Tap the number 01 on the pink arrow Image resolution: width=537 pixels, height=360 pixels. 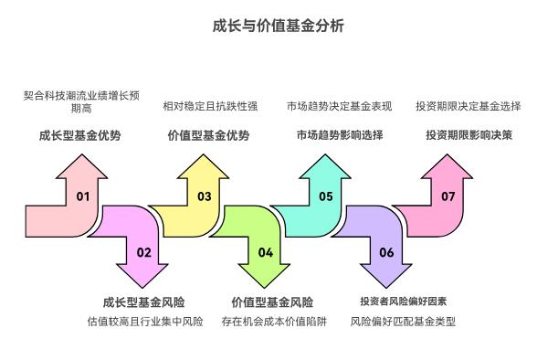pos(83,196)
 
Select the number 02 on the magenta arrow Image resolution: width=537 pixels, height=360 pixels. pos(143,252)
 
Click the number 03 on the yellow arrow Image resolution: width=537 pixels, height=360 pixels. pos(205,196)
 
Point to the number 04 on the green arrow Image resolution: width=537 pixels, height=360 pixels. pos(265,252)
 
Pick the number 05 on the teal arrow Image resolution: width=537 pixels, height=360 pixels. pos(326,196)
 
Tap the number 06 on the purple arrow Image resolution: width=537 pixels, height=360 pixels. pos(386,252)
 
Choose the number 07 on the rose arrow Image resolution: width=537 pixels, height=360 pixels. pos(447,196)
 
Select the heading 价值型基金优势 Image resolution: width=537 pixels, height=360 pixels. pos(208,136)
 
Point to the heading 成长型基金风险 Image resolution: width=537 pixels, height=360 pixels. pos(143,302)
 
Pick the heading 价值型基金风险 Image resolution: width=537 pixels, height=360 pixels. pos(272,302)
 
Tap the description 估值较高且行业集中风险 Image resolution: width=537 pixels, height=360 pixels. pos(144,322)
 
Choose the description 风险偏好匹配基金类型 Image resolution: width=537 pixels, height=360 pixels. pos(403,322)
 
